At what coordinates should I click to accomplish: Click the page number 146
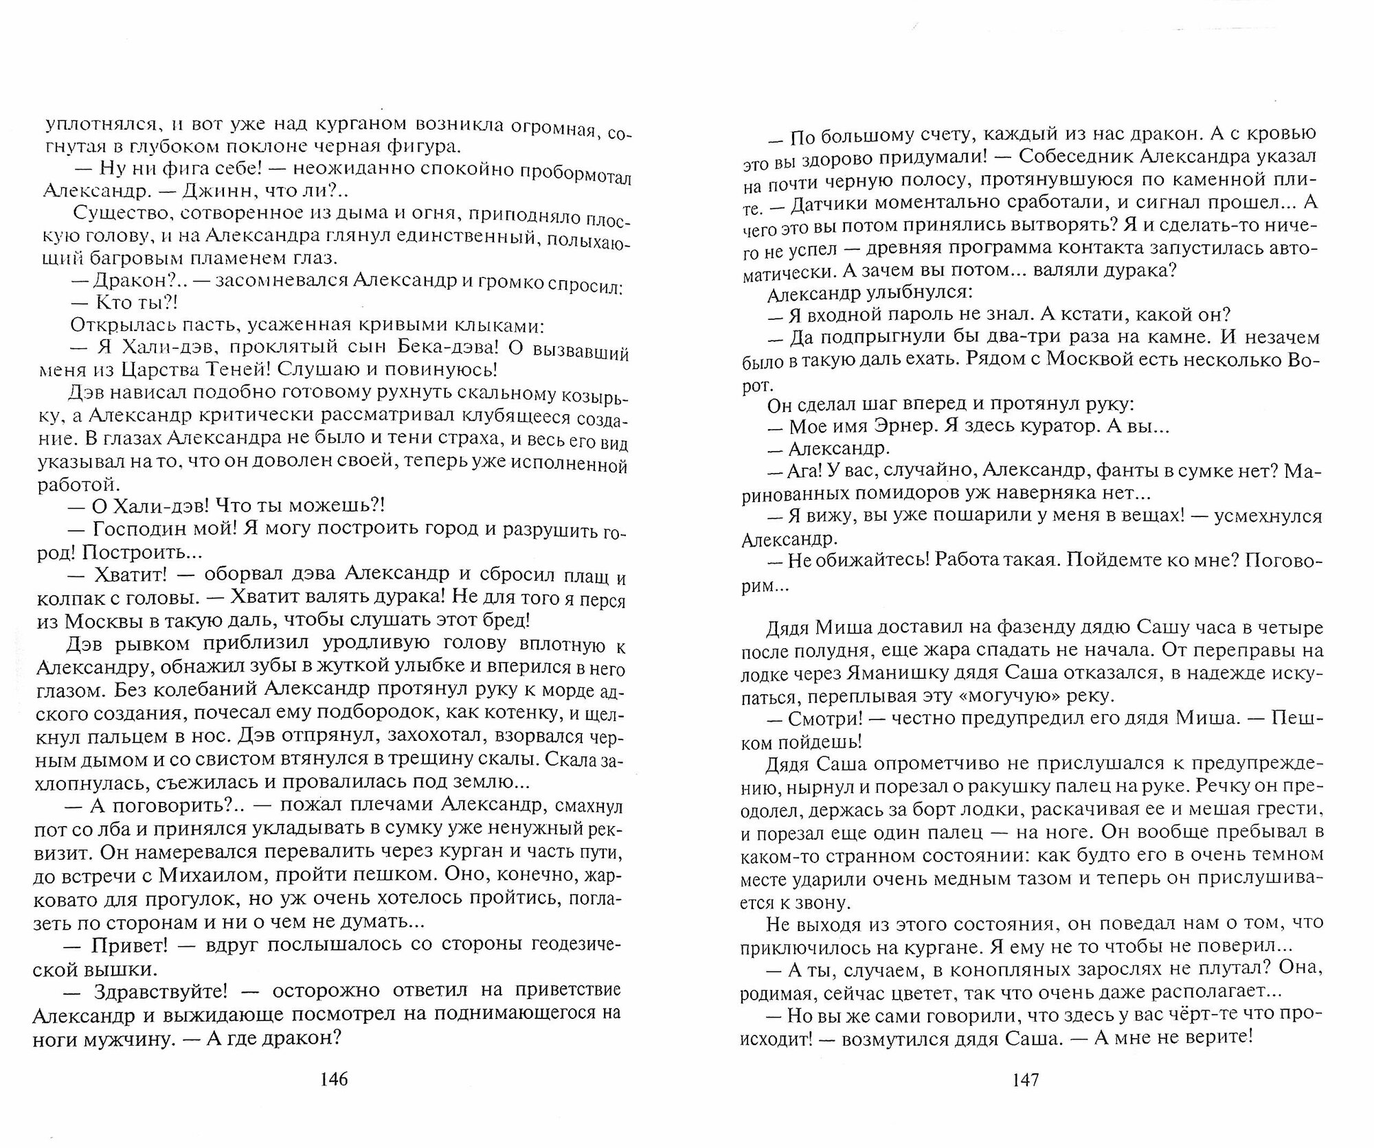tap(335, 1079)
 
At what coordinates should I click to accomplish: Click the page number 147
tap(1026, 1079)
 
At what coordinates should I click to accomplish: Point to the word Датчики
tap(839, 204)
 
